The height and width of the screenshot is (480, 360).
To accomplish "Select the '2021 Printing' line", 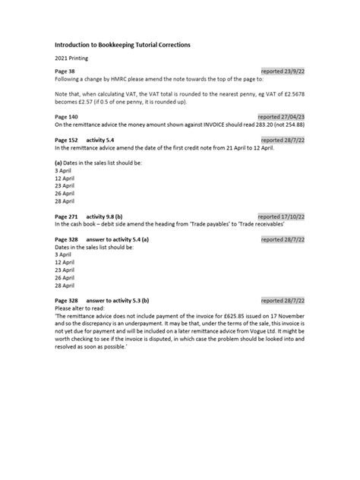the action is (x=72, y=58).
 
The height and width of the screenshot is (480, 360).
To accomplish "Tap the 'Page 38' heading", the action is (x=65, y=71).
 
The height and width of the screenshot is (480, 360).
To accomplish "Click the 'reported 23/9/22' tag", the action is (x=283, y=71).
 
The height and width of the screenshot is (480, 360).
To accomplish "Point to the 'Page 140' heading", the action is (x=67, y=117).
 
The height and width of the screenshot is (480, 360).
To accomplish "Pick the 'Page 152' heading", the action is (x=67, y=141).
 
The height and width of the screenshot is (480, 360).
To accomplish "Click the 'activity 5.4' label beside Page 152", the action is (x=102, y=141).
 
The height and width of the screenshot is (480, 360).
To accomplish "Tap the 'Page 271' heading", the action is (x=67, y=216).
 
